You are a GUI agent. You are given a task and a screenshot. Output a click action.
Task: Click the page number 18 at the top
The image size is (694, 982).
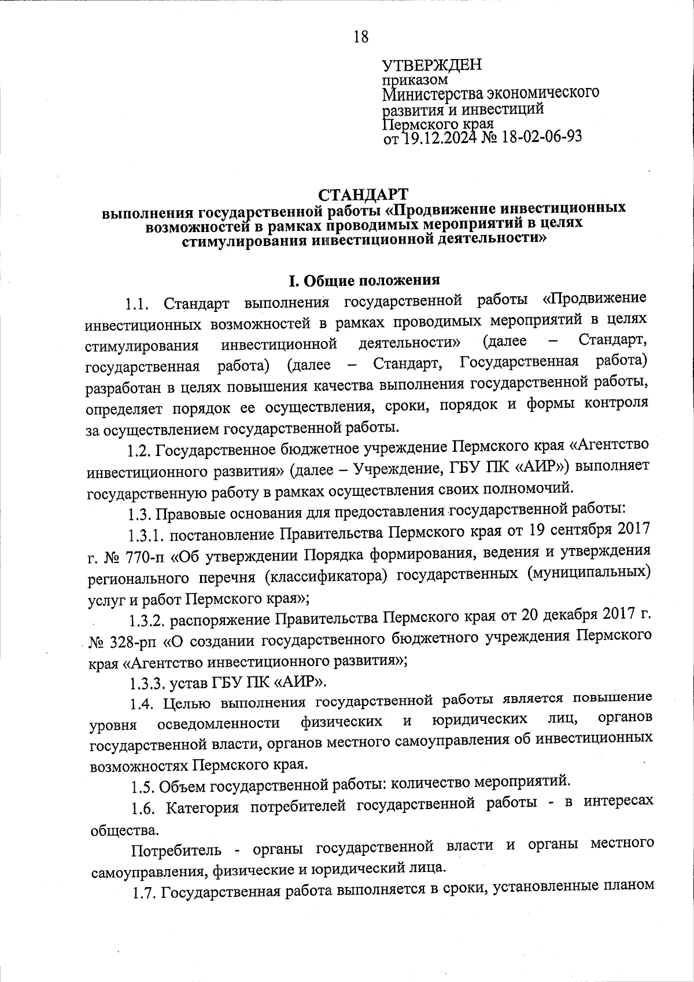[x=360, y=37]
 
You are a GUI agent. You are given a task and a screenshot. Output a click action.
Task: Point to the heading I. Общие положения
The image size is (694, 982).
[x=364, y=281]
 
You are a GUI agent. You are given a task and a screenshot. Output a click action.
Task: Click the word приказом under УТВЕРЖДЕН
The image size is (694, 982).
[x=415, y=79]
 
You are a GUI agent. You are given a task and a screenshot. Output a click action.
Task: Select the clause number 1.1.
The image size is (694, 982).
[x=138, y=303]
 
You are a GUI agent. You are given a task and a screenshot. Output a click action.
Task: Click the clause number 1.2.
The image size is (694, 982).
[x=139, y=449]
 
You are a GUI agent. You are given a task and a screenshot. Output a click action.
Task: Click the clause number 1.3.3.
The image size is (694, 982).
[x=147, y=683]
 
